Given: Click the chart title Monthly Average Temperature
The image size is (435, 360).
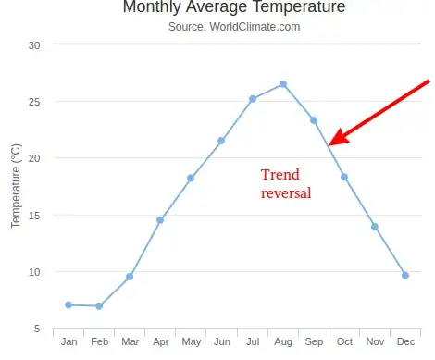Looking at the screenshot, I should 233,7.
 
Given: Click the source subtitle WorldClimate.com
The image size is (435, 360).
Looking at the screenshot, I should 233,27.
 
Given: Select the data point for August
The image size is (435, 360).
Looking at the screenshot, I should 283,84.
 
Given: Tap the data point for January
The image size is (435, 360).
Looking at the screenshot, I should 68,304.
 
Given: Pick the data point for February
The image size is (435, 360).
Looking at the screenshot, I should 99,306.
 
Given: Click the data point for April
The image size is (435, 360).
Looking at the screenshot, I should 160,220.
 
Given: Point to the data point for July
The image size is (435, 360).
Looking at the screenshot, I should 252,99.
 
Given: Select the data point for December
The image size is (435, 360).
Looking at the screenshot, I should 405,275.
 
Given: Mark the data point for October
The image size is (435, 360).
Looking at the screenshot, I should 344,177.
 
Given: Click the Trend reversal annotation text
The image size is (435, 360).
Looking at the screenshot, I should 285,184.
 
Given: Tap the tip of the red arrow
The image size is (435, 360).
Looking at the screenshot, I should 330,143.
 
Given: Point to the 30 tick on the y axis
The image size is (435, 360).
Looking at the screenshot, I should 34,44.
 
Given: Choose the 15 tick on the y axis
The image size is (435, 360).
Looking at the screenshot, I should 34,216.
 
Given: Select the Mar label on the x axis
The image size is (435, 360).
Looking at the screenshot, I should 130,342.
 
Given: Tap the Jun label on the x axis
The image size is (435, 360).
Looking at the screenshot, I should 221,342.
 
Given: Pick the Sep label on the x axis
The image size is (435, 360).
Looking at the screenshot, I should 314,342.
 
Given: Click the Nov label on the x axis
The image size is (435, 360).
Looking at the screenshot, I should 375,342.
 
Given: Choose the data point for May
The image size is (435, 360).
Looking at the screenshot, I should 191,178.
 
